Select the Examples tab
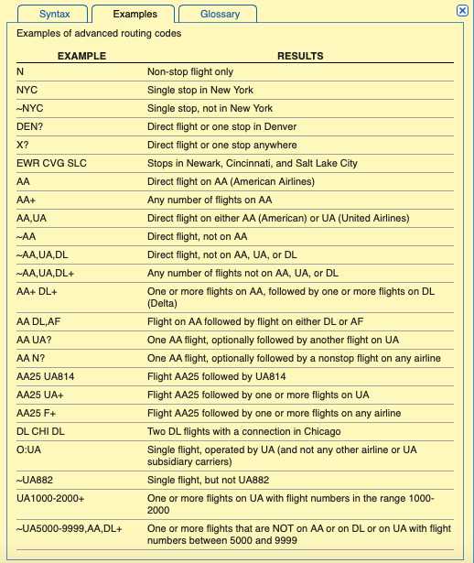[135, 14]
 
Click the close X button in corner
[462, 9]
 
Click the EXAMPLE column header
[81, 56]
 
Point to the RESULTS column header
[300, 56]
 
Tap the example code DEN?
[32, 126]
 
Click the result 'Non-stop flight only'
[192, 71]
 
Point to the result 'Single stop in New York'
[199, 90]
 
